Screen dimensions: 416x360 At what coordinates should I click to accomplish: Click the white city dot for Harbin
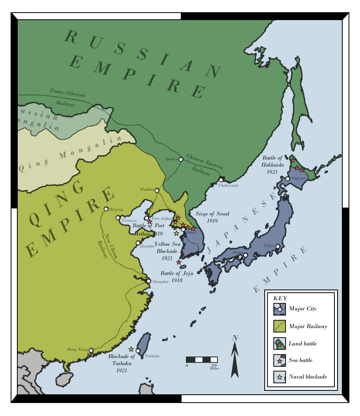pyautogui.click(x=181, y=159)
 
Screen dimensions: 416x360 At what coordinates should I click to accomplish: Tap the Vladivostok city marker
pyautogui.click(x=221, y=180)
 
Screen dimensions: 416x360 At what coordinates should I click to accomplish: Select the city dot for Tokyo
pyautogui.click(x=278, y=247)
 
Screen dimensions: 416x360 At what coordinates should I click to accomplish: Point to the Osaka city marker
pyautogui.click(x=245, y=255)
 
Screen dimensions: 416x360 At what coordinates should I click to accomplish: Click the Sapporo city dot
pyautogui.click(x=288, y=178)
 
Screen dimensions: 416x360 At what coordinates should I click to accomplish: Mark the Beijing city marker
pyautogui.click(x=106, y=209)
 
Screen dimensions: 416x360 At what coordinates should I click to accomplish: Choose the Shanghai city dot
pyautogui.click(x=148, y=281)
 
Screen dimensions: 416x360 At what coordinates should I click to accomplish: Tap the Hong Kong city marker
pyautogui.click(x=91, y=350)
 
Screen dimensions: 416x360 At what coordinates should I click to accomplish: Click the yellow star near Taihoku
pyautogui.click(x=131, y=349)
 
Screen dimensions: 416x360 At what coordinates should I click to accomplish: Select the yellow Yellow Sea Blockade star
pyautogui.click(x=176, y=233)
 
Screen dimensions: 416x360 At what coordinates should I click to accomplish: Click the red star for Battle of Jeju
pyautogui.click(x=179, y=262)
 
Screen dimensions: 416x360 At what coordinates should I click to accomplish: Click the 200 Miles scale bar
pyautogui.click(x=202, y=359)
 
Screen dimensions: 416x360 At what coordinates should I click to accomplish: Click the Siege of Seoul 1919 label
pyautogui.click(x=212, y=217)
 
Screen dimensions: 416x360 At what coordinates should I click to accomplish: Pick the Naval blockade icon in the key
pyautogui.click(x=280, y=377)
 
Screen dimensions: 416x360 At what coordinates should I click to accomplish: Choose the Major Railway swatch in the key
pyautogui.click(x=280, y=326)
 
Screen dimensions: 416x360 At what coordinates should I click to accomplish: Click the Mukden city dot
pyautogui.click(x=157, y=190)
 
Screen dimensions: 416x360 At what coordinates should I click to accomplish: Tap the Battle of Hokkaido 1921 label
pyautogui.click(x=272, y=165)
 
